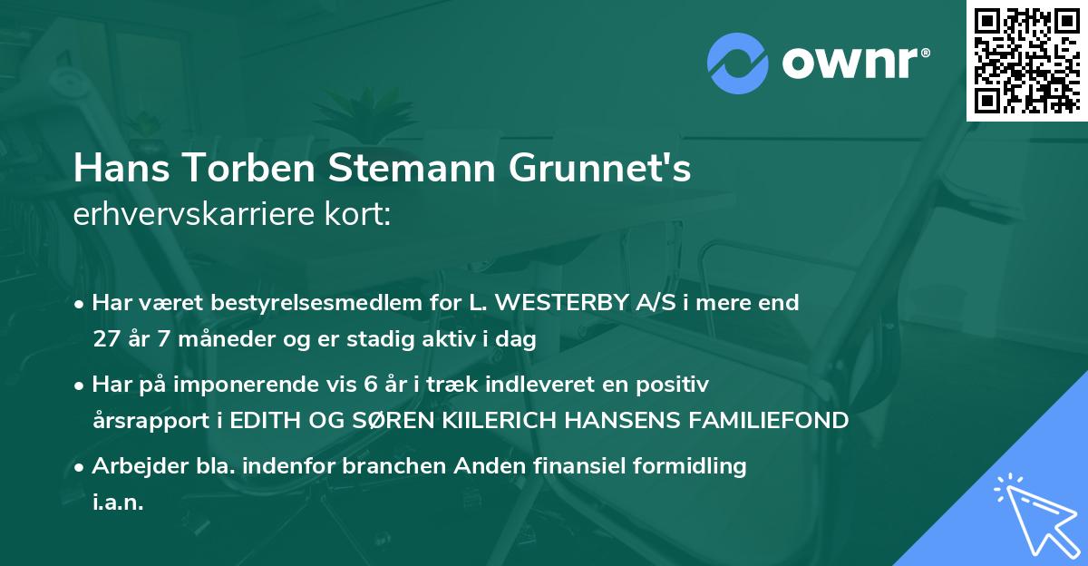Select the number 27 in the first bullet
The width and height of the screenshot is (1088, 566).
click(106, 340)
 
